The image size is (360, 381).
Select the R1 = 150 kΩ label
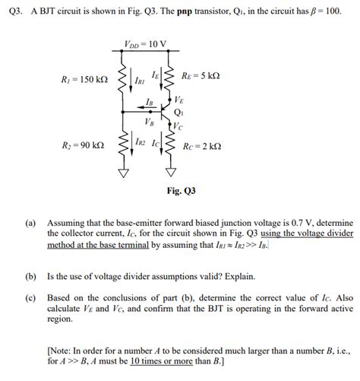click(x=84, y=79)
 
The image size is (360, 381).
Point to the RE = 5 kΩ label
click(x=201, y=76)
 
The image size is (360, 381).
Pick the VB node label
click(x=148, y=121)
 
